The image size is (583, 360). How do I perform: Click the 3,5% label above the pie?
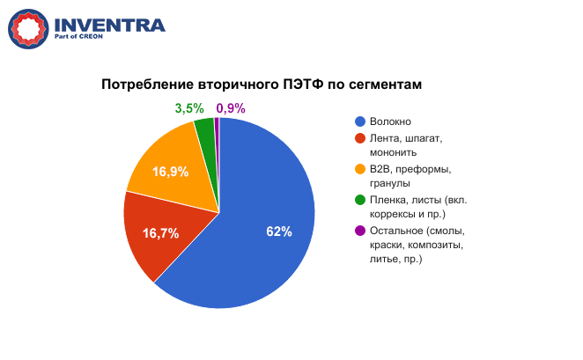pyautogui.click(x=189, y=108)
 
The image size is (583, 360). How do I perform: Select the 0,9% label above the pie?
pyautogui.click(x=231, y=108)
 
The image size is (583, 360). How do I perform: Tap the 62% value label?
pyautogui.click(x=279, y=231)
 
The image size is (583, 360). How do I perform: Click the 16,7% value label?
pyautogui.click(x=160, y=233)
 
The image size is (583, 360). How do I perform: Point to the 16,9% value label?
pyautogui.click(x=170, y=172)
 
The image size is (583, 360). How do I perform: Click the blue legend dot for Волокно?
pyautogui.click(x=360, y=121)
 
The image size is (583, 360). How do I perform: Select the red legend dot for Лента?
pyautogui.click(x=360, y=138)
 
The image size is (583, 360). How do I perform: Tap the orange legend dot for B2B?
pyautogui.click(x=360, y=169)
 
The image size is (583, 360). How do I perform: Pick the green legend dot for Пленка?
pyautogui.click(x=360, y=200)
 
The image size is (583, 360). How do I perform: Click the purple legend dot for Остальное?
pyautogui.click(x=360, y=231)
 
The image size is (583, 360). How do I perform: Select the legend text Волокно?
pyautogui.click(x=390, y=121)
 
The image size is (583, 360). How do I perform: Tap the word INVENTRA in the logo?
pyautogui.click(x=110, y=26)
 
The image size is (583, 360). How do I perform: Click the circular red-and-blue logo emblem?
pyautogui.click(x=28, y=29)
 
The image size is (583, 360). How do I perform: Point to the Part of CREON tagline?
pyautogui.click(x=78, y=36)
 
